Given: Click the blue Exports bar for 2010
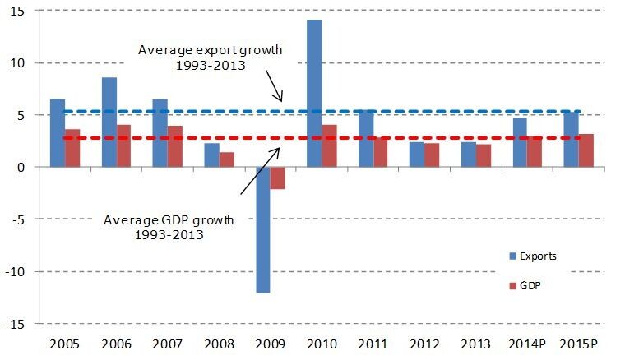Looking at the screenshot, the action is [314, 93].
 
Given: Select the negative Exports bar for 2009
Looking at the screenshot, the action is [263, 230].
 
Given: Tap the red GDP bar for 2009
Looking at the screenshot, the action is [277, 178].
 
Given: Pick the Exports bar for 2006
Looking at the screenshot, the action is [109, 122].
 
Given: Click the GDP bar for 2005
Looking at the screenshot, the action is [72, 148].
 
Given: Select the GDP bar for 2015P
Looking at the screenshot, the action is [586, 150].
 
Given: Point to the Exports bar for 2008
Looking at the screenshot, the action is [211, 155].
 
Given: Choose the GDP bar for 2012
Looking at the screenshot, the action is [432, 155].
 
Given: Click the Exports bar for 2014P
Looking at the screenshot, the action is [520, 142].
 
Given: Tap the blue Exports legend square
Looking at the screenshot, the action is [513, 256].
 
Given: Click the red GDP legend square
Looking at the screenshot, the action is [513, 286].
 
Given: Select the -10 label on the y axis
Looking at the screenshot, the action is [15, 271].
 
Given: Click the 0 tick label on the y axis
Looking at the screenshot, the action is [21, 167].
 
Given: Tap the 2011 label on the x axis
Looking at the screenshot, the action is [373, 344].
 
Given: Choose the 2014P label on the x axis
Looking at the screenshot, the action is [527, 344].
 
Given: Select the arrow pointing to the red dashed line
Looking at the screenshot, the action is [261, 171].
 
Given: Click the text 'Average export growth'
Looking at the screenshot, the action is [210, 50].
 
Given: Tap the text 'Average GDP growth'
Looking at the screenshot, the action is [169, 220].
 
